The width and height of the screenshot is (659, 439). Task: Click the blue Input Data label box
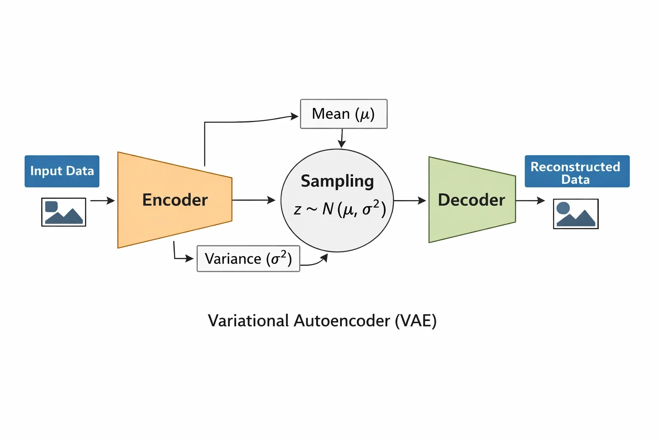[x=62, y=171]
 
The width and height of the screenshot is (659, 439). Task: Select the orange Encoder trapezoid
[x=175, y=200]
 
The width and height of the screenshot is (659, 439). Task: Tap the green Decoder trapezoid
[x=472, y=200]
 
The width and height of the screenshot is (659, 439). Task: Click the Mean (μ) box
[x=344, y=114]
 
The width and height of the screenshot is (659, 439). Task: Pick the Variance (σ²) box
[x=248, y=259]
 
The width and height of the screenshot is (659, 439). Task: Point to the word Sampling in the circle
[x=337, y=181]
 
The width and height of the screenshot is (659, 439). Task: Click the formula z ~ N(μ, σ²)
[x=339, y=209]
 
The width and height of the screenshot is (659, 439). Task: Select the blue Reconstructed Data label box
[x=577, y=171]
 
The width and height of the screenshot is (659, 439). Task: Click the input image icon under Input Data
[x=63, y=212]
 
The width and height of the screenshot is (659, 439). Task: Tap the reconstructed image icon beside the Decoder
[x=576, y=214]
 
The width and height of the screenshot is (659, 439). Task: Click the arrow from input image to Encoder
[x=103, y=201]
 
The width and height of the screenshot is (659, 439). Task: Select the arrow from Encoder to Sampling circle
[x=254, y=200]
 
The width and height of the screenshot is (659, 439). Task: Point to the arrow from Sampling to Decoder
[x=410, y=201]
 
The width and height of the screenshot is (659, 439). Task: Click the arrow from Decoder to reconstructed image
[x=530, y=201]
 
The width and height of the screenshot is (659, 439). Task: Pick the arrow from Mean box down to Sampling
[x=342, y=138]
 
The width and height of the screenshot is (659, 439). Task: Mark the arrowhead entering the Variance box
[x=190, y=259]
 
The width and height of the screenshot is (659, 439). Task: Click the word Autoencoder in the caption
[x=342, y=321]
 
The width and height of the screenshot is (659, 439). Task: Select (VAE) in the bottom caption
[x=416, y=321]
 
